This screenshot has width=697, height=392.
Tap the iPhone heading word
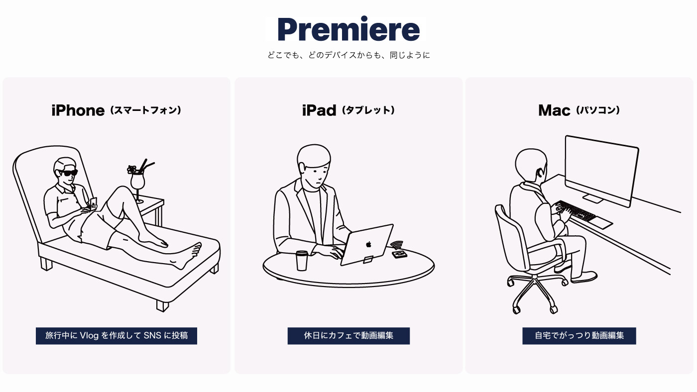point(78,110)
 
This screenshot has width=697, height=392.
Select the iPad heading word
point(319,110)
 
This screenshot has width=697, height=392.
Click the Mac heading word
point(554,110)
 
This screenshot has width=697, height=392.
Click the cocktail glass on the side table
point(137,182)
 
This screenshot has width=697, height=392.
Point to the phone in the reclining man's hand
point(94,201)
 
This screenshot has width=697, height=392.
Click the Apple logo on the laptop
point(369,244)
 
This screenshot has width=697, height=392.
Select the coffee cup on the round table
point(302,260)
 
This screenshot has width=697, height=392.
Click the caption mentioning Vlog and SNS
point(116,336)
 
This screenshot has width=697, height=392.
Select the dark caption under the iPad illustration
point(348,336)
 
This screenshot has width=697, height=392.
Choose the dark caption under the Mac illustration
point(579,336)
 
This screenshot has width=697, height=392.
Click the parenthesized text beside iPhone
point(145,110)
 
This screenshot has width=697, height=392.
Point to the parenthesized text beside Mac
point(597,110)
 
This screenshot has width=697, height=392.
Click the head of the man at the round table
point(313,164)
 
